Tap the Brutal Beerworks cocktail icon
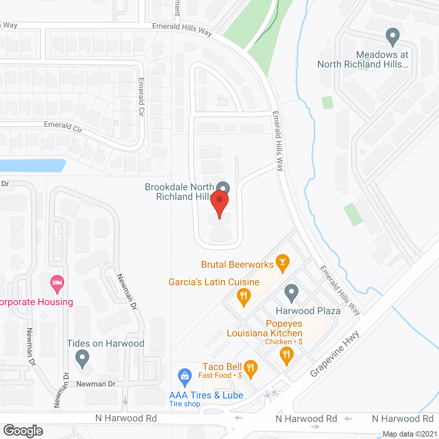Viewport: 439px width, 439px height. [x=283, y=262]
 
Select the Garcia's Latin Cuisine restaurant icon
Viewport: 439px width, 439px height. [x=244, y=296]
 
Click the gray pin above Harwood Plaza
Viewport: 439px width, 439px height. [x=292, y=293]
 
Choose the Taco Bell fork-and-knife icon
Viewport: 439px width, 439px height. [x=251, y=369]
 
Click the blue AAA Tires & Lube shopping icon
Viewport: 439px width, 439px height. [x=185, y=377]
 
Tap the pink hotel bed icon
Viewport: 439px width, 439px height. [x=57, y=284]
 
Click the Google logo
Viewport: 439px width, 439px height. [x=23, y=431]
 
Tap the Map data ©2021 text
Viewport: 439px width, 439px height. [x=410, y=434]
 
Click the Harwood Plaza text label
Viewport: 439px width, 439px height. [x=308, y=311]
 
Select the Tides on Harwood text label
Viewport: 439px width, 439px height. [x=105, y=343]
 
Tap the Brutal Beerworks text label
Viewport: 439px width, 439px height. [x=237, y=264]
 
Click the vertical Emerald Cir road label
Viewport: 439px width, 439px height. [x=141, y=97]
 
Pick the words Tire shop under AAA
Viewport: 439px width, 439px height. [x=185, y=404]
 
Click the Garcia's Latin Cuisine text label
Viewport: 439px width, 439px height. [x=214, y=282]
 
